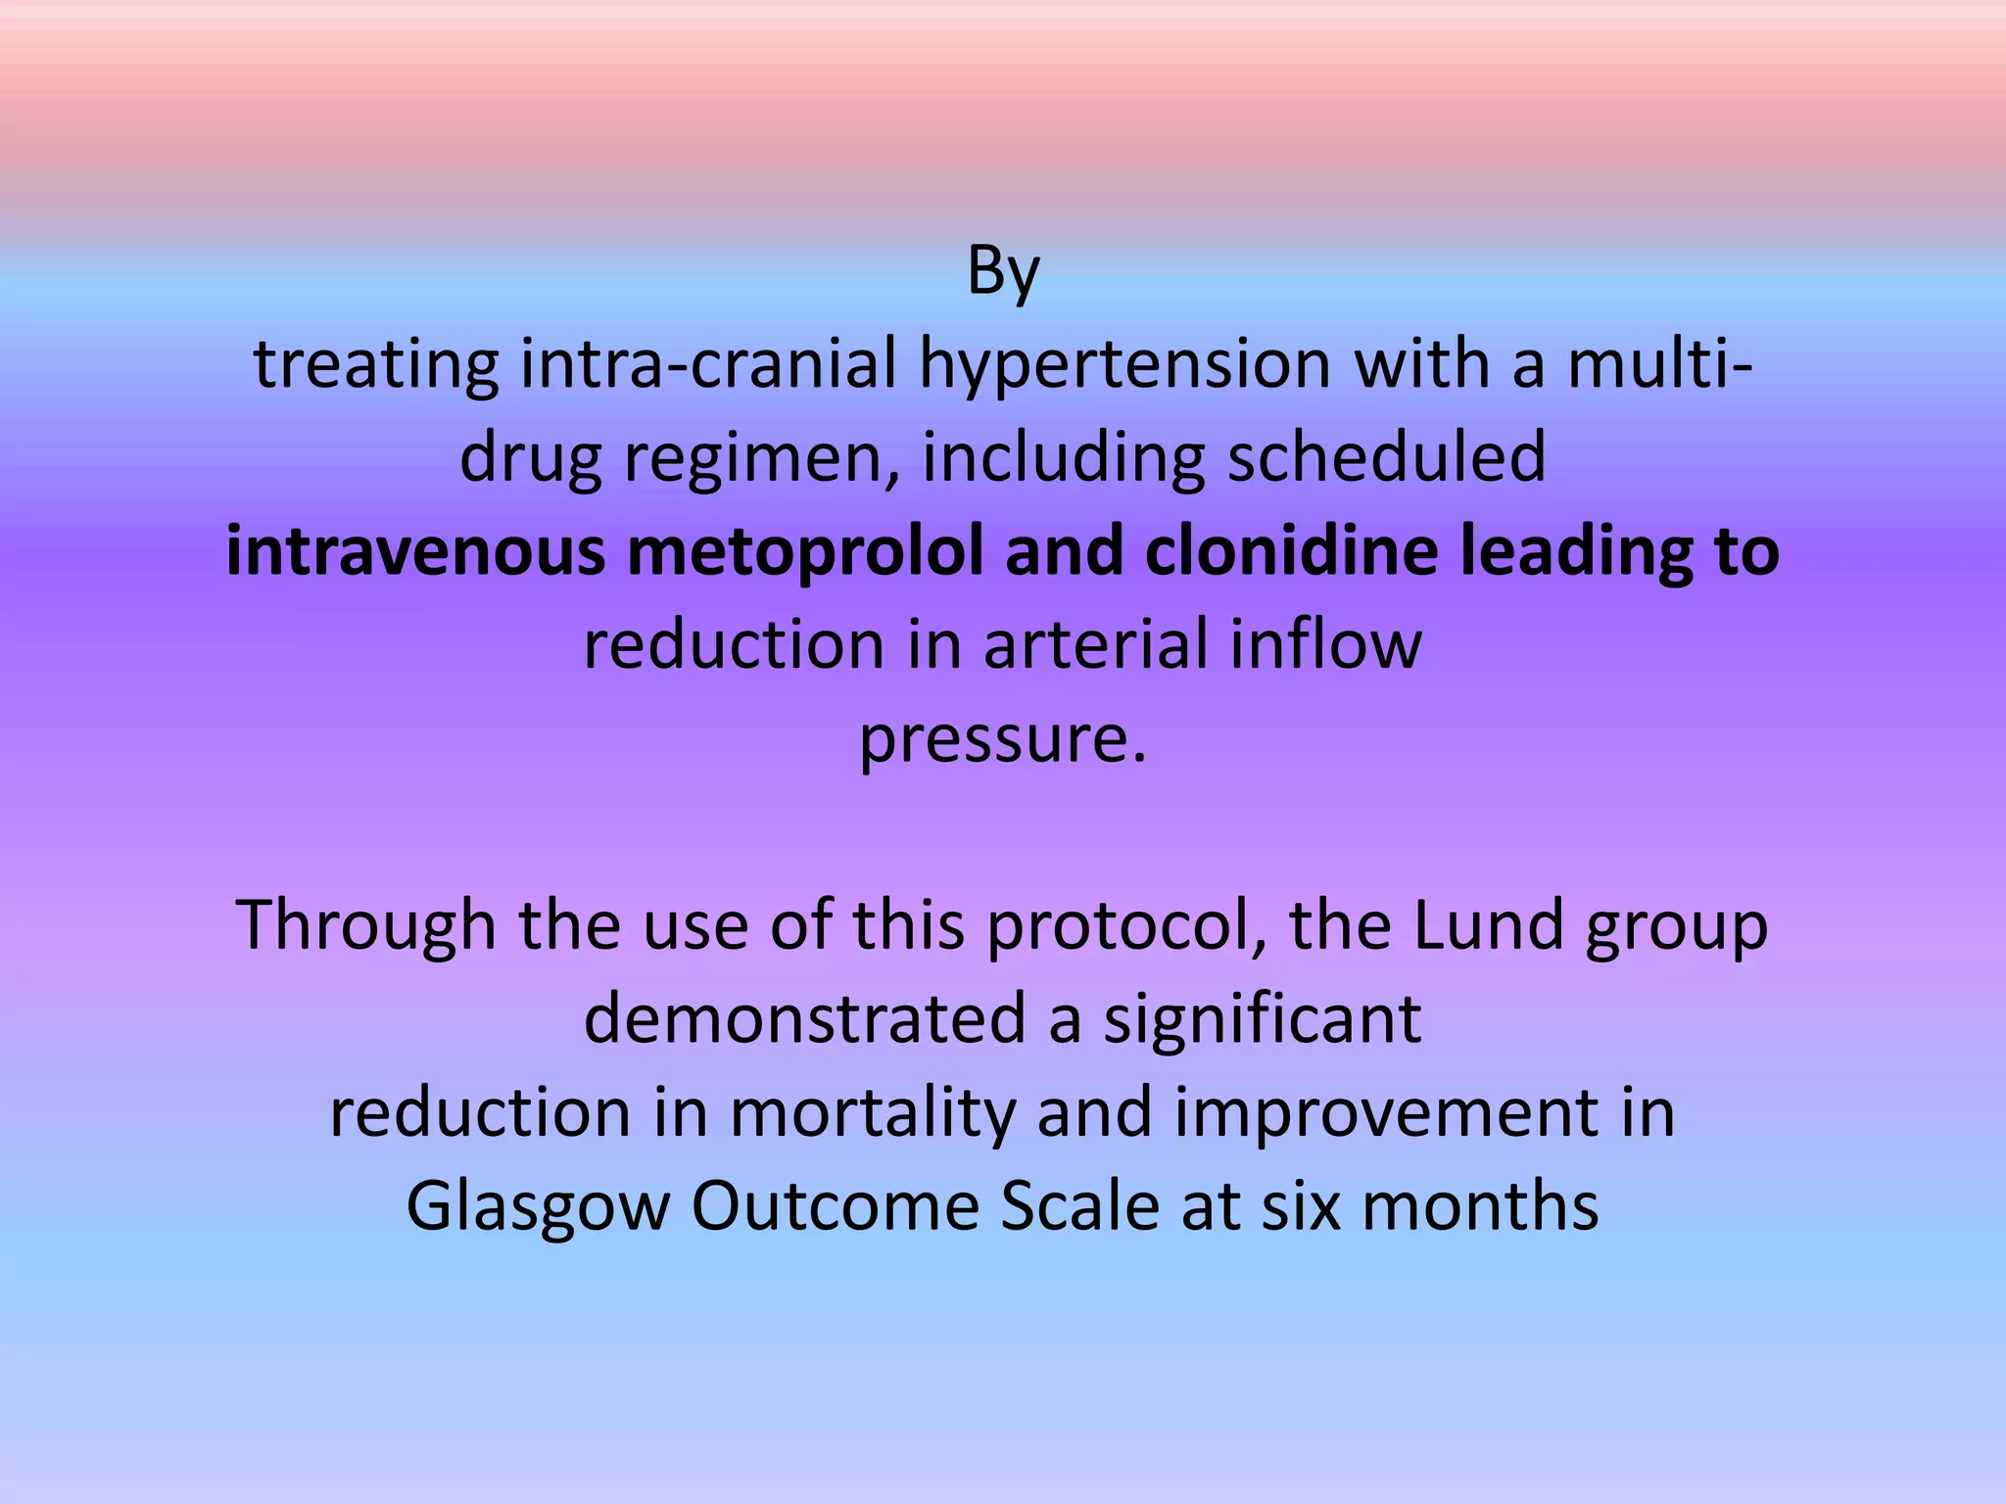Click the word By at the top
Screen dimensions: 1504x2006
(1002, 271)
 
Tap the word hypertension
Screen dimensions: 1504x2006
(1124, 364)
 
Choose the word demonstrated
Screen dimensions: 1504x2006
(804, 1018)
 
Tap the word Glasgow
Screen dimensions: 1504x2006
(538, 1206)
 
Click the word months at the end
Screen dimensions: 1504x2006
(1480, 1206)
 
